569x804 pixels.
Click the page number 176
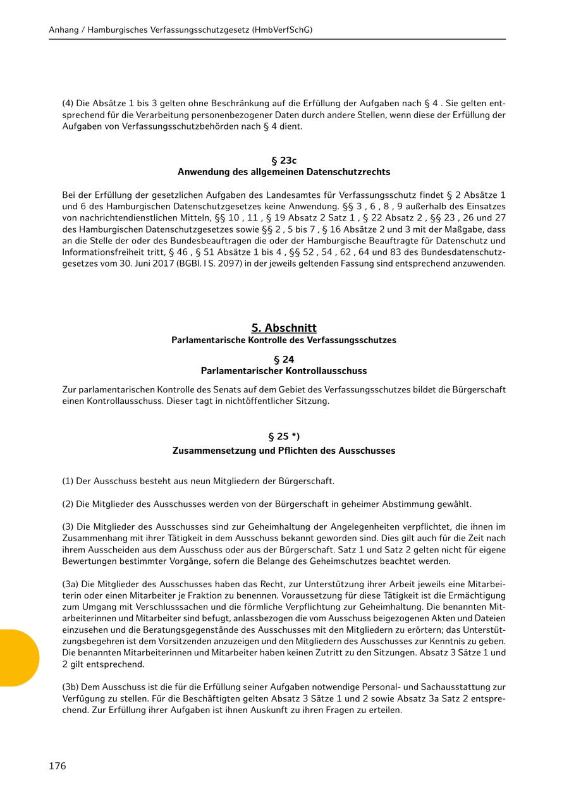tap(58, 766)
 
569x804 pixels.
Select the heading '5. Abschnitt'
tap(284, 328)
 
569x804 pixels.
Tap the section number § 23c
tap(284, 161)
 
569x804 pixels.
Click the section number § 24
tap(284, 359)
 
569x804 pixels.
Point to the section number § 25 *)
tap(284, 437)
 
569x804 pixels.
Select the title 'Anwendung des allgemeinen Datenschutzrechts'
tap(284, 172)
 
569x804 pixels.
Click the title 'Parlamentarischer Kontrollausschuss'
tap(284, 371)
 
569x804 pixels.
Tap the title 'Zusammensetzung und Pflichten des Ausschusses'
tap(284, 451)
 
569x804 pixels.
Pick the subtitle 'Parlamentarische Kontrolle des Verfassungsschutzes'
tap(284, 340)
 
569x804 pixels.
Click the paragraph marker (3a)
tap(70, 585)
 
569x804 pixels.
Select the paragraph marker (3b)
tap(70, 687)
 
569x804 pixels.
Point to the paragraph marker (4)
tap(68, 104)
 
